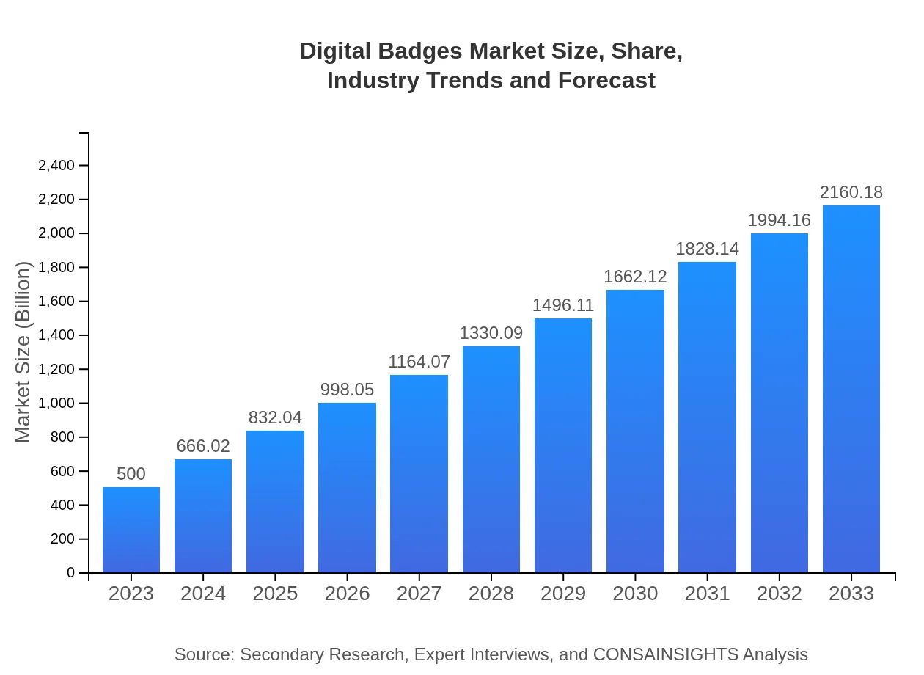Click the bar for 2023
pyautogui.click(x=131, y=530)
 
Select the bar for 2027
pyautogui.click(x=419, y=474)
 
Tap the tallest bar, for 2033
pyautogui.click(x=851, y=389)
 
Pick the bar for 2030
pyautogui.click(x=635, y=431)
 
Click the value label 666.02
pyautogui.click(x=203, y=446)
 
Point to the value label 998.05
pyautogui.click(x=347, y=390)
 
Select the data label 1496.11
pyautogui.click(x=563, y=305)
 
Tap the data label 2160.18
pyautogui.click(x=851, y=192)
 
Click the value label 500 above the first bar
pyautogui.click(x=131, y=474)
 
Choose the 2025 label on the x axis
pyautogui.click(x=275, y=594)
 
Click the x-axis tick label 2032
pyautogui.click(x=779, y=594)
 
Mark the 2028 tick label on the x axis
pyautogui.click(x=491, y=594)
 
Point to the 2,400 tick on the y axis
pyautogui.click(x=56, y=166)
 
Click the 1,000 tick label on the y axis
pyautogui.click(x=56, y=404)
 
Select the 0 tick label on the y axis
pyautogui.click(x=71, y=573)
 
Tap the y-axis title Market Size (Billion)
pyautogui.click(x=23, y=352)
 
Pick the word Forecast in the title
pyautogui.click(x=606, y=80)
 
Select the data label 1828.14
pyautogui.click(x=707, y=249)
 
